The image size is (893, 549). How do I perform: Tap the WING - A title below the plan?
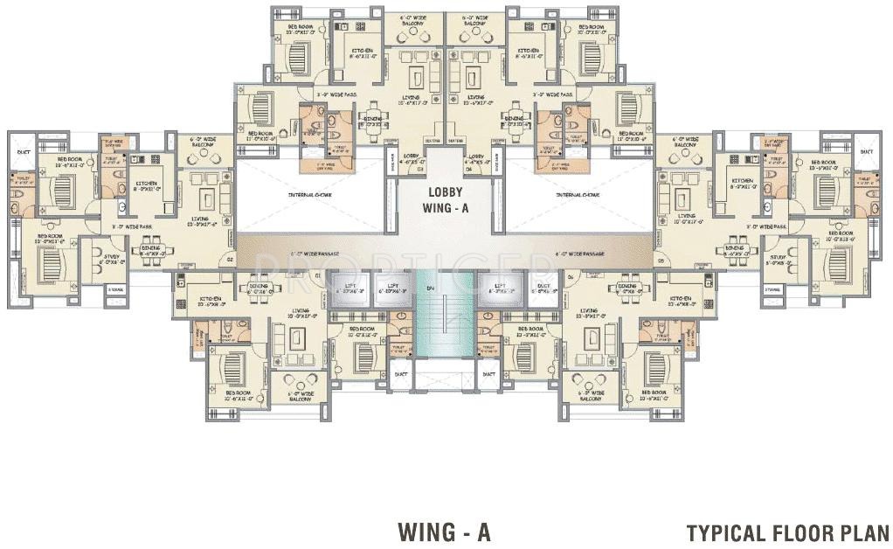(x=444, y=532)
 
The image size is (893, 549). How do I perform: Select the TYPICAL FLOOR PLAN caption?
(x=787, y=532)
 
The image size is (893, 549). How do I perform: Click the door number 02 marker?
(x=231, y=260)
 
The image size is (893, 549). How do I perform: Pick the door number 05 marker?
(x=662, y=260)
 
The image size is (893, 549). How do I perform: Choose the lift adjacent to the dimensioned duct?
(x=501, y=289)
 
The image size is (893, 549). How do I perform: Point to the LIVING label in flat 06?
(x=588, y=310)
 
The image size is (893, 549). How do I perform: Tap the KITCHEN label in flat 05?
(x=743, y=183)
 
